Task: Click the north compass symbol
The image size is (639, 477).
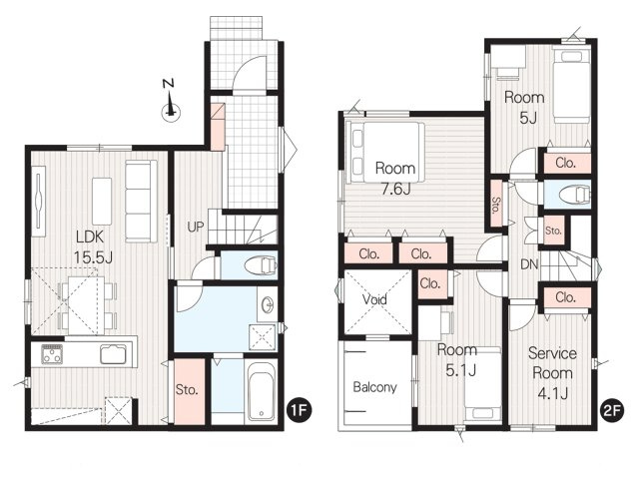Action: pos(170,100)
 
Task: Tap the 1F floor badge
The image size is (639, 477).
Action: pos(299,410)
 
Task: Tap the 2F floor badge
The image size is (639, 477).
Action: pos(612,410)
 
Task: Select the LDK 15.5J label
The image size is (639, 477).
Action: pos(92,246)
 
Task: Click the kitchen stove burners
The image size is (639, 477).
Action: pos(52,353)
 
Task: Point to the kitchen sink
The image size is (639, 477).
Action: pos(113,353)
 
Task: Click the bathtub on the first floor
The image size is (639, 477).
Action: pos(261,392)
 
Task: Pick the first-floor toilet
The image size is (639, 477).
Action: pos(261,265)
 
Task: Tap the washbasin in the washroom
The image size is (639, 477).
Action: pos(268,305)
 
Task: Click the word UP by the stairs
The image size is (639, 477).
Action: pos(196,227)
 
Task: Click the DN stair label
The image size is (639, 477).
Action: pos(529,264)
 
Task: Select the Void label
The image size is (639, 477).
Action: pos(374,299)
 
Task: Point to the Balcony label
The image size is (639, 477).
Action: pos(374,387)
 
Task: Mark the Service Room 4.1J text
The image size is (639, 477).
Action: pos(552,373)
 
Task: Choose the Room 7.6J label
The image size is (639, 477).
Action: pos(395,179)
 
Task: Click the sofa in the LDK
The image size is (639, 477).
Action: pos(141,202)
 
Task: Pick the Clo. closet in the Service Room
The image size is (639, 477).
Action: pos(566,297)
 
